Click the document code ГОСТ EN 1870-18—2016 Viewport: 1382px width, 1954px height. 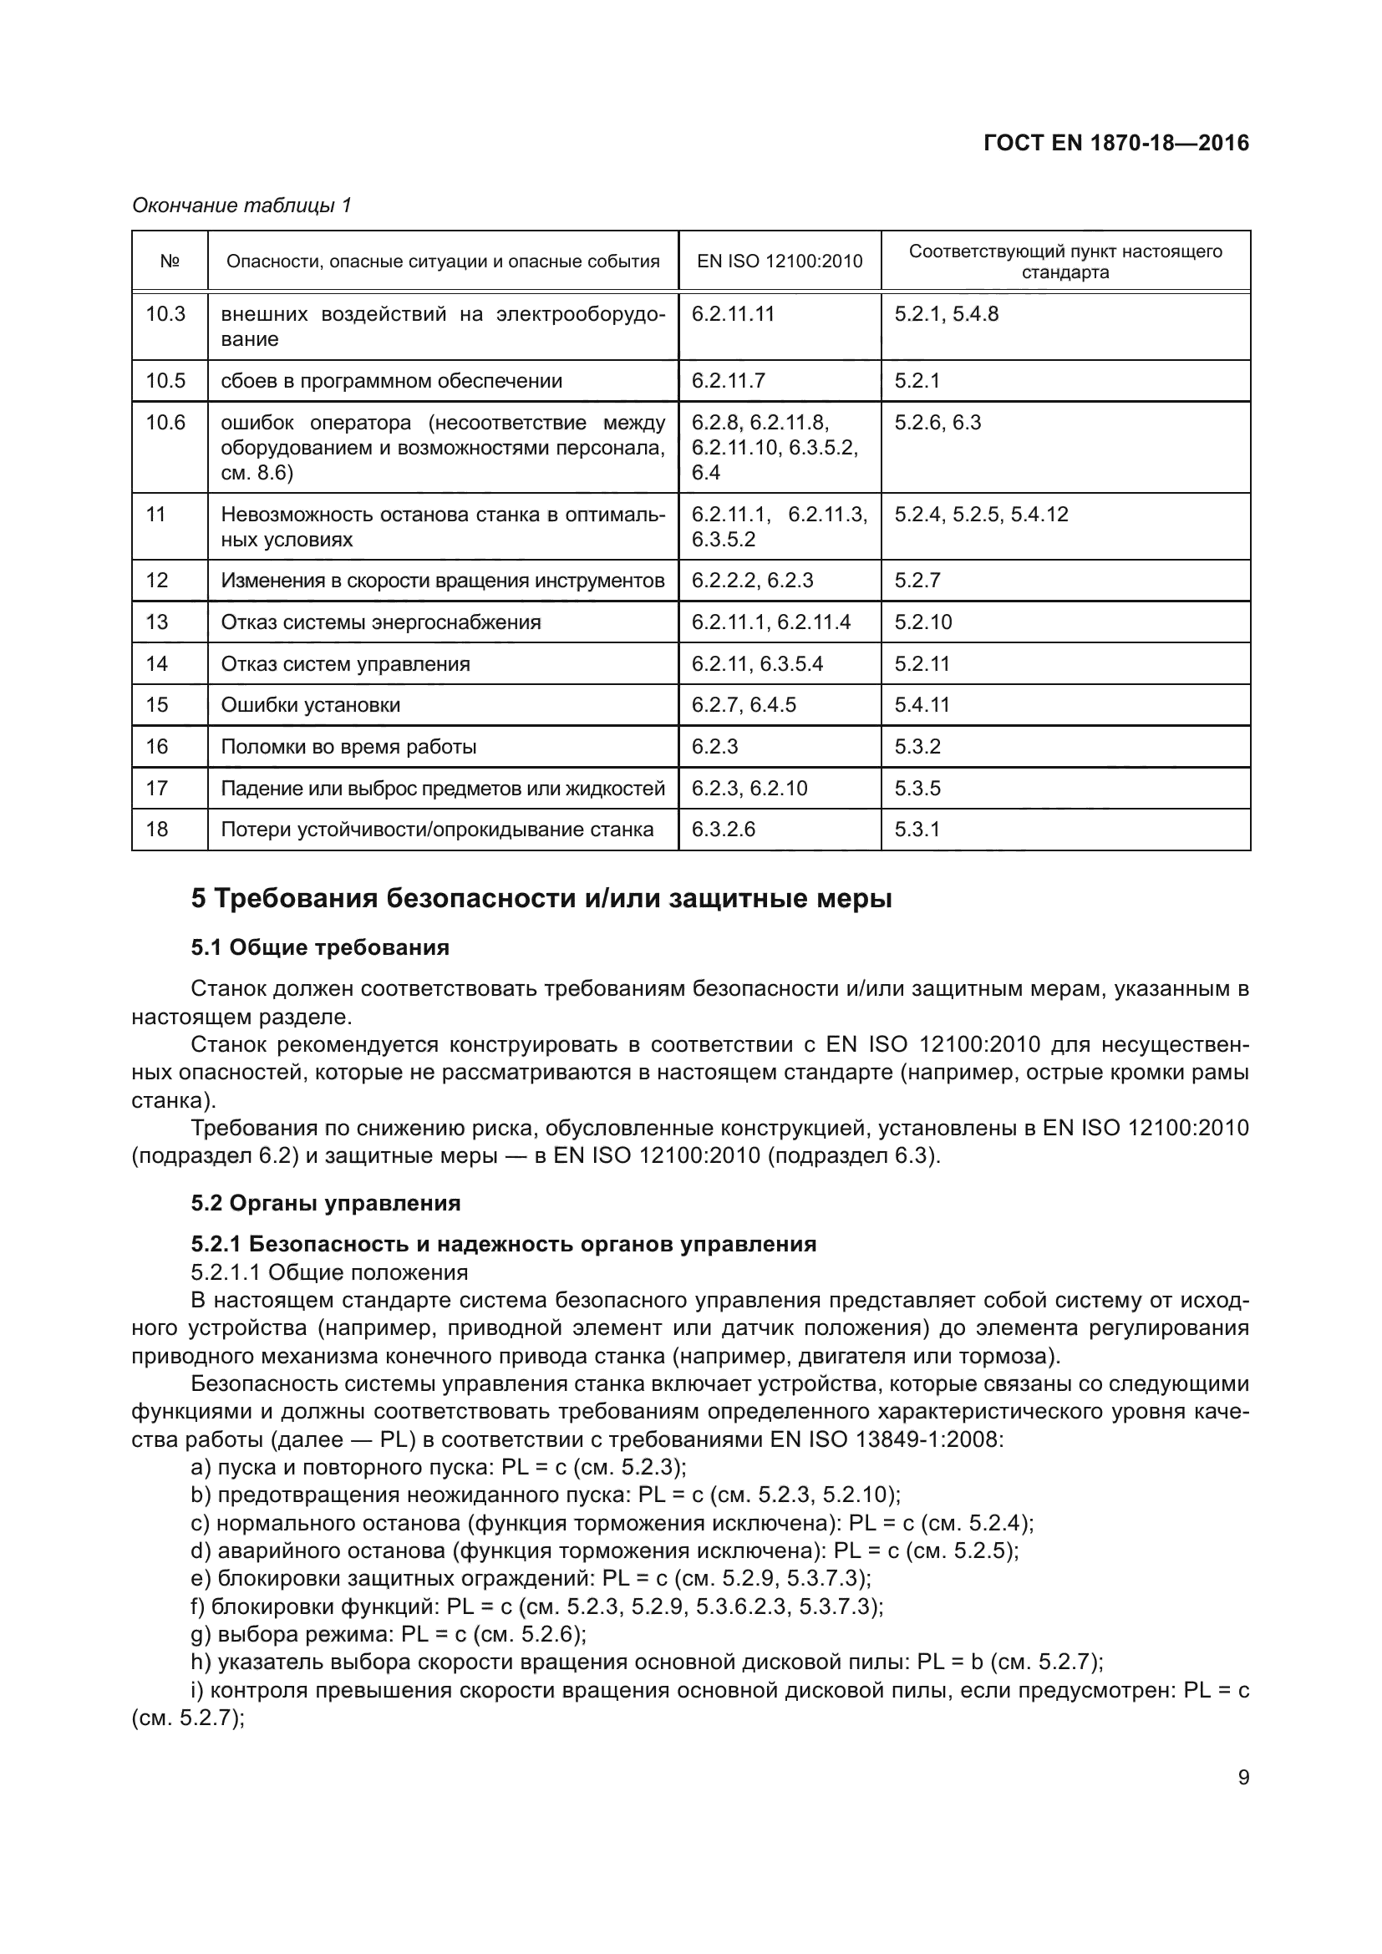pyautogui.click(x=1115, y=143)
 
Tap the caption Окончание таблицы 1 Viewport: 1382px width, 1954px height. pyautogui.click(x=241, y=206)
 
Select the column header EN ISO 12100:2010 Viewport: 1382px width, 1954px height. pyautogui.click(x=780, y=261)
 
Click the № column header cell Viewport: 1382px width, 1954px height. pyautogui.click(x=170, y=261)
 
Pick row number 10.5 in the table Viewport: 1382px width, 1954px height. pyautogui.click(x=165, y=380)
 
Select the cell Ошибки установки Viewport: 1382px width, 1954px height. pyautogui.click(x=311, y=705)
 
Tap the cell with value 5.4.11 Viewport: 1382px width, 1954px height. pyautogui.click(x=922, y=705)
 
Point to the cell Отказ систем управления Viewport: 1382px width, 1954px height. pyautogui.click(x=346, y=664)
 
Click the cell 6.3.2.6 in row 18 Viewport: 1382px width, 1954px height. pyautogui.click(x=724, y=829)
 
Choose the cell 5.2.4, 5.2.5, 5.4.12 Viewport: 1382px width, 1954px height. pyautogui.click(x=981, y=514)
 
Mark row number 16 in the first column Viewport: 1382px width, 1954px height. pyautogui.click(x=157, y=746)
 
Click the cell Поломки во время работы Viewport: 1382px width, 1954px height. pyautogui.click(x=349, y=746)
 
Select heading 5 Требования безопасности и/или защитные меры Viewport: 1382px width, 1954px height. pyautogui.click(x=541, y=899)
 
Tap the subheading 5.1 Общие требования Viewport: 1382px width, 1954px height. pyautogui.click(x=320, y=947)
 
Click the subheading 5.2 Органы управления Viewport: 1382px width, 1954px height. pyautogui.click(x=326, y=1202)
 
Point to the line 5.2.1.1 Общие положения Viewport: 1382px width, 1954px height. pyautogui.click(x=329, y=1272)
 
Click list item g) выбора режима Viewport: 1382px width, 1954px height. pyautogui.click(x=389, y=1634)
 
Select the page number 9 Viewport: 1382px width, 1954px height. pyautogui.click(x=1243, y=1777)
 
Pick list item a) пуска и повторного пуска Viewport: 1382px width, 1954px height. pyautogui.click(x=439, y=1467)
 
